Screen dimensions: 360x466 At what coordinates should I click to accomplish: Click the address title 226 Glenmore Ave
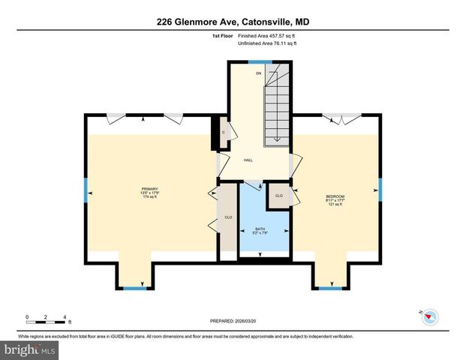(x=233, y=22)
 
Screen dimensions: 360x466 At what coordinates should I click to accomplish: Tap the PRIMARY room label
(x=150, y=189)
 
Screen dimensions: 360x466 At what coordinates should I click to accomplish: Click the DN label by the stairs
(x=258, y=73)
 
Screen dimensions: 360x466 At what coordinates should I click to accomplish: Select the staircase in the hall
(x=277, y=105)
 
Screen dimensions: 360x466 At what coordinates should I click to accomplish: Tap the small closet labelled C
(x=224, y=133)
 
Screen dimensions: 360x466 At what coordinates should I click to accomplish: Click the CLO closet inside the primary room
(x=227, y=217)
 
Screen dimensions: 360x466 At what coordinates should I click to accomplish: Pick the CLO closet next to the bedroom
(x=278, y=195)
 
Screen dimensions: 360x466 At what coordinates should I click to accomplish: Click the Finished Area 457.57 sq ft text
(x=266, y=36)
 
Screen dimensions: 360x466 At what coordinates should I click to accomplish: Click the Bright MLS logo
(x=30, y=349)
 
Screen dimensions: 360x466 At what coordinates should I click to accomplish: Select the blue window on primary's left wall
(x=86, y=192)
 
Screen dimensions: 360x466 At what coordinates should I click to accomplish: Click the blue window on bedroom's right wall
(x=380, y=190)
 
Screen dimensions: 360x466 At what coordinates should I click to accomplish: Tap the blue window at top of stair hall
(x=260, y=61)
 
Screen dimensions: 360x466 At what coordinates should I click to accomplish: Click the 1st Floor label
(x=221, y=36)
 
